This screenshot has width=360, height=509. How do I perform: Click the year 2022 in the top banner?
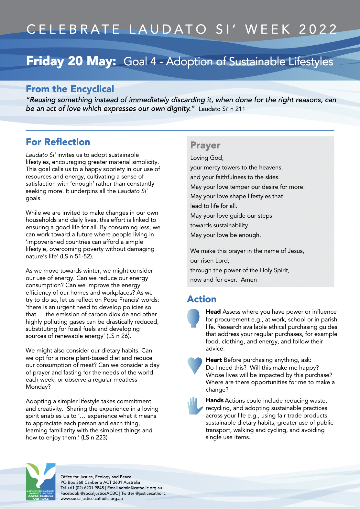(318, 29)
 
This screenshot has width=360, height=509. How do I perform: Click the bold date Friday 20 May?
(71, 61)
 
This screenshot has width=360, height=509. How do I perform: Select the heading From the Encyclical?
(70, 89)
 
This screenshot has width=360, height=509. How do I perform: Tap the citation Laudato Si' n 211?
(222, 109)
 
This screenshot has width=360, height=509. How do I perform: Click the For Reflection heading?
(58, 142)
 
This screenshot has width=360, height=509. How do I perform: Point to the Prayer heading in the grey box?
(205, 146)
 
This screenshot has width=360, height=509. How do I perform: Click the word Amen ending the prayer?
(249, 280)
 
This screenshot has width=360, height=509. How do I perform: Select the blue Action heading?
(202, 299)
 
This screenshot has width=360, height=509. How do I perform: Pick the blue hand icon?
(195, 406)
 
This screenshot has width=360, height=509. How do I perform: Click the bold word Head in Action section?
(213, 312)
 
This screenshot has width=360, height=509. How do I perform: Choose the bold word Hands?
(215, 400)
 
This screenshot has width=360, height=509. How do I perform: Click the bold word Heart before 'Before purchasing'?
(214, 360)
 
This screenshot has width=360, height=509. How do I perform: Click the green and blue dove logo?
(40, 482)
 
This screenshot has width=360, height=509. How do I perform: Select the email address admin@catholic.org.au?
(140, 488)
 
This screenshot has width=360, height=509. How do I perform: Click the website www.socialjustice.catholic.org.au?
(92, 498)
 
